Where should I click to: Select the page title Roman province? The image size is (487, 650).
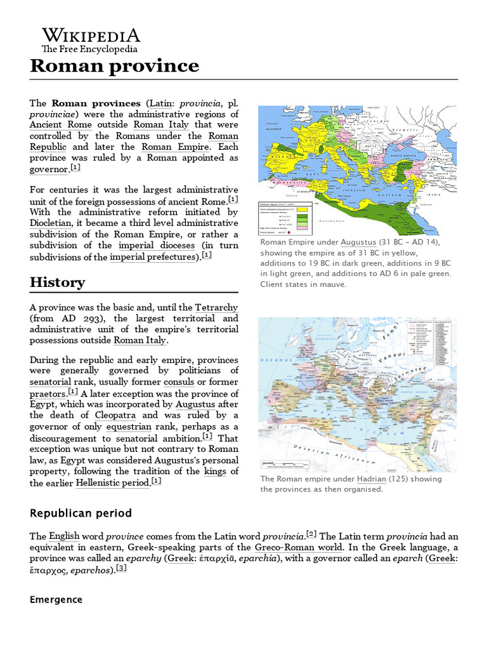114,65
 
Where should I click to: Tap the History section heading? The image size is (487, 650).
57,282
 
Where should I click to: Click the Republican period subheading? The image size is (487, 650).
81,512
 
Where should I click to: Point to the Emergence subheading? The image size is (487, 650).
56,599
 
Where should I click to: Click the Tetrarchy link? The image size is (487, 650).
217,307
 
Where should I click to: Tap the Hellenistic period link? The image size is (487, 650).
112,483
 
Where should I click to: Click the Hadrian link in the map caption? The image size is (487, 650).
371,479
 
